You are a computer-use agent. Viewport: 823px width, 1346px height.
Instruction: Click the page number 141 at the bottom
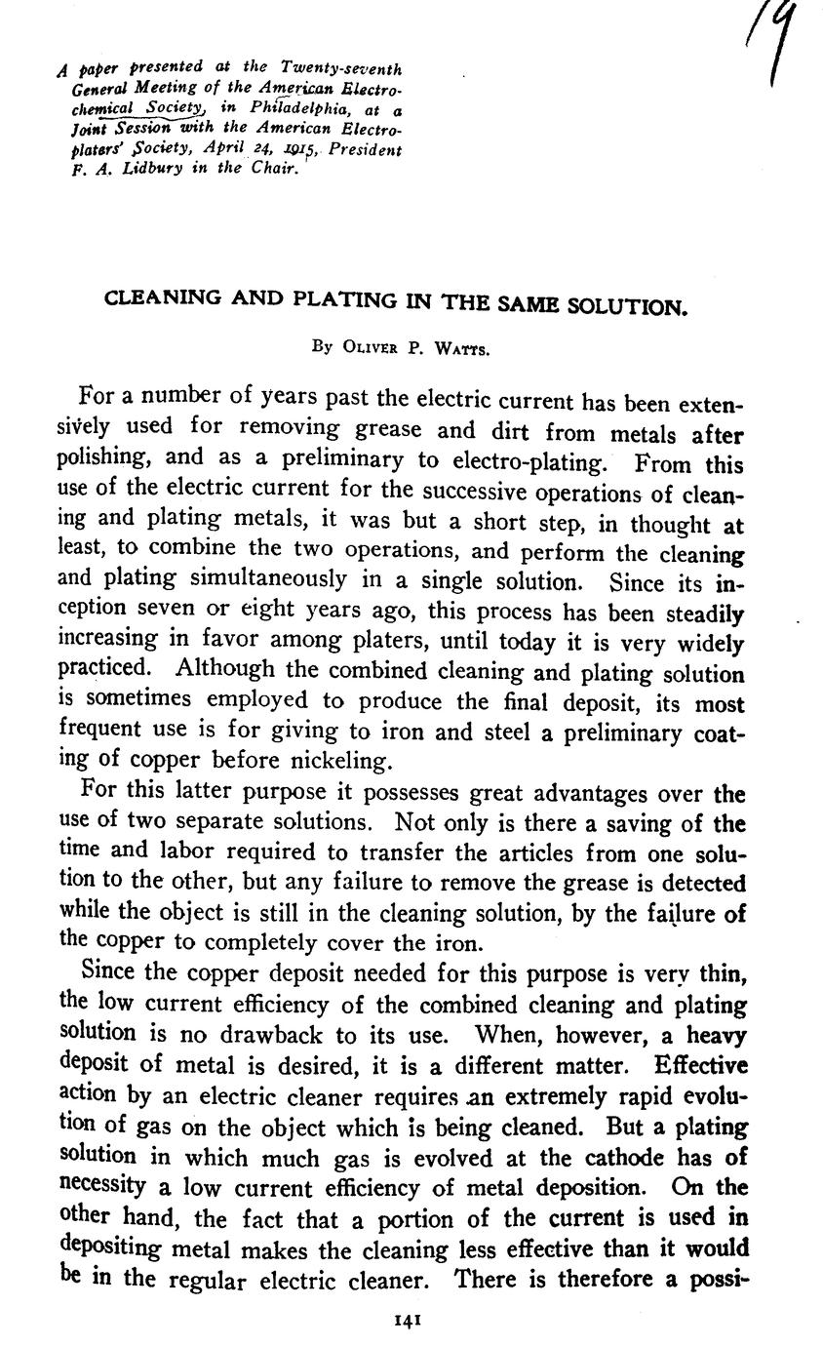coord(406,1319)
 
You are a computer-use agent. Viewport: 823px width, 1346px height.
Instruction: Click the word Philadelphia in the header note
coord(308,108)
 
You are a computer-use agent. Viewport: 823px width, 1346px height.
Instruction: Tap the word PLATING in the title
coord(341,300)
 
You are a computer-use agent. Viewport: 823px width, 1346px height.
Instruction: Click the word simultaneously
coord(260,579)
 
